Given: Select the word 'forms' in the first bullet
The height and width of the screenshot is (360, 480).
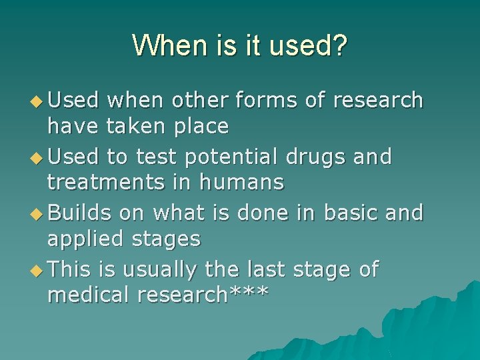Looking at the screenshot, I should pos(256,100).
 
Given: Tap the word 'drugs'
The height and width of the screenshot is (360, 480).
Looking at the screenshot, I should pos(317,157).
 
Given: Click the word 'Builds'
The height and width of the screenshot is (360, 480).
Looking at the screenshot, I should pos(80,213).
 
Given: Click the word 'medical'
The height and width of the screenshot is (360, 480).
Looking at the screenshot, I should pos(88,294).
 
